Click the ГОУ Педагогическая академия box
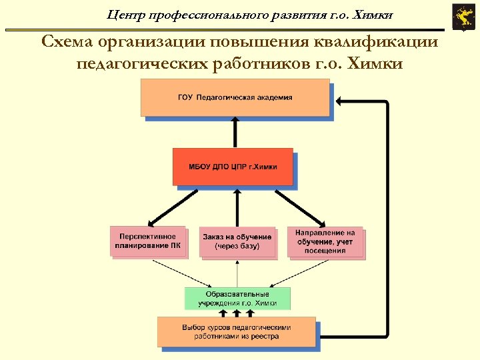tap(235, 97)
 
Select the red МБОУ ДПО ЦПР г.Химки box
tap(233, 166)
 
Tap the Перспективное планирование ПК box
tap(147, 241)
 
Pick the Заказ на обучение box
tap(237, 242)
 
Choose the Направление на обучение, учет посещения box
tap(325, 241)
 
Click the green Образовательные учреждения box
tap(237, 298)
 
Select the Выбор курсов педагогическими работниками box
tap(237, 331)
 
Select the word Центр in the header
tap(125, 14)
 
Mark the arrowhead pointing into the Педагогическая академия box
tap(338, 101)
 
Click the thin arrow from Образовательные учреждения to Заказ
tap(237, 273)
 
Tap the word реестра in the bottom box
tap(264, 337)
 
